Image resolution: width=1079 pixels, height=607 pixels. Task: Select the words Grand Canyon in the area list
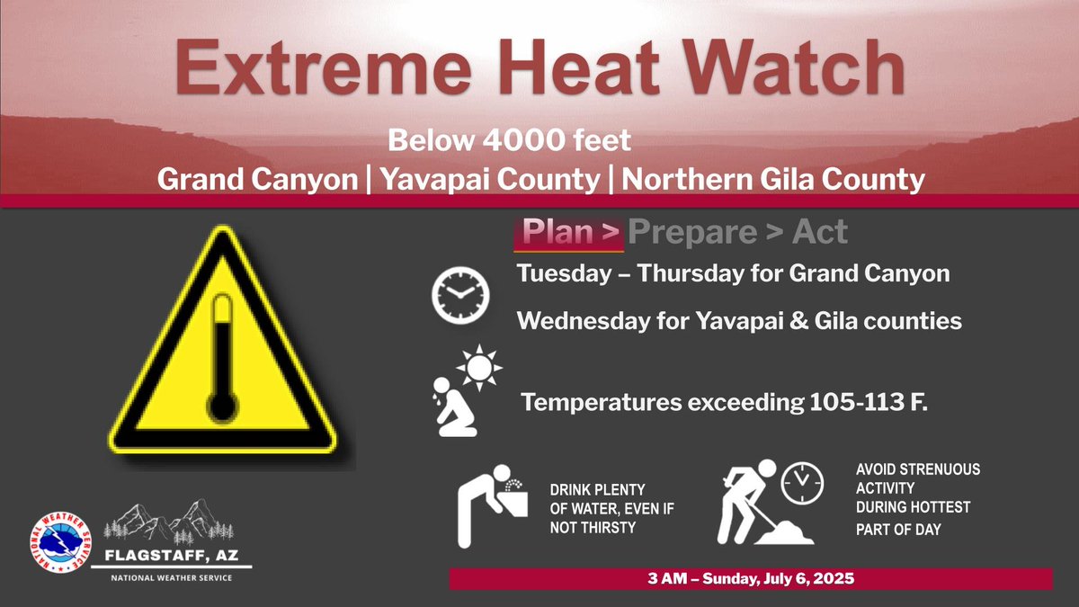pyautogui.click(x=257, y=180)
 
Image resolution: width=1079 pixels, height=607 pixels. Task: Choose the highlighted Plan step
pyautogui.click(x=568, y=233)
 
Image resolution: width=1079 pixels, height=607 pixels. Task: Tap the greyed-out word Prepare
pyautogui.click(x=691, y=233)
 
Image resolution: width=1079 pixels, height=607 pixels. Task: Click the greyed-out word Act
pyautogui.click(x=819, y=233)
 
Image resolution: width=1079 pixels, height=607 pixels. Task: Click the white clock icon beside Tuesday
pyautogui.click(x=459, y=297)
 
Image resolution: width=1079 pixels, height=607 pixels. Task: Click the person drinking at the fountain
pyautogui.click(x=486, y=508)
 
